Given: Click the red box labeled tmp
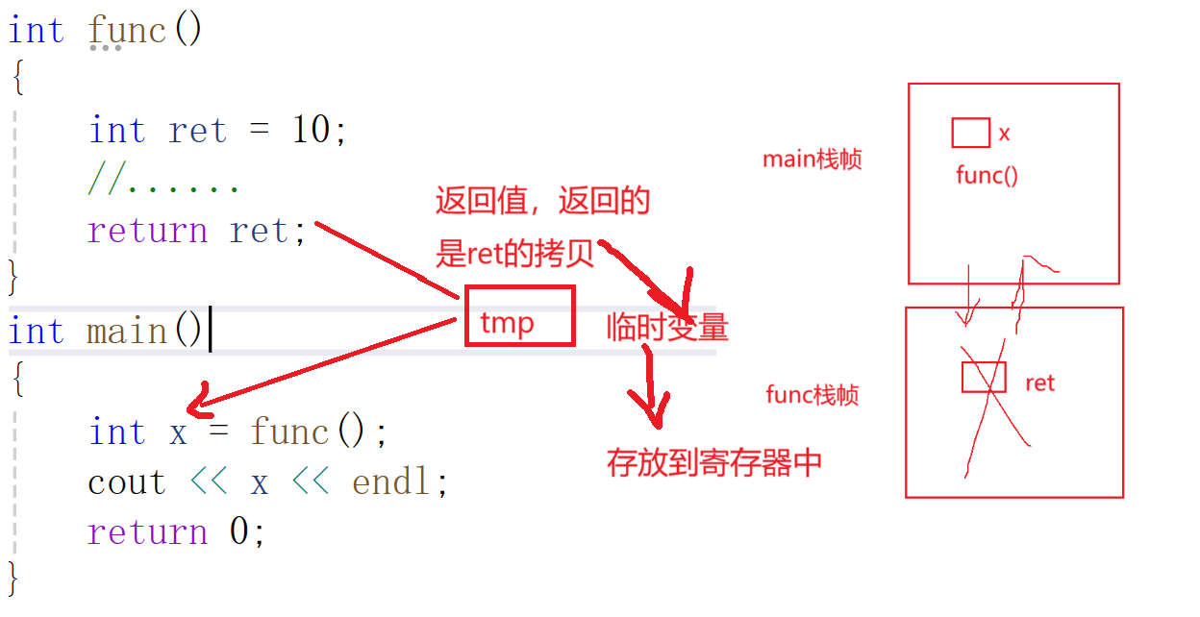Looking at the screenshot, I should tap(519, 315).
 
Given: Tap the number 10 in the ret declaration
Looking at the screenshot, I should tap(311, 131).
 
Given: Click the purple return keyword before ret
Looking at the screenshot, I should tap(147, 231).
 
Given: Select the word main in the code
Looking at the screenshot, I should tap(126, 332).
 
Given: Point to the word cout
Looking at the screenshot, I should tap(126, 481).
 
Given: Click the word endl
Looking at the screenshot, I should tap(391, 481).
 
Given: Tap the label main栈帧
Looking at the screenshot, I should tap(812, 160).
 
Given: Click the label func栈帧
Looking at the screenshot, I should tap(812, 394).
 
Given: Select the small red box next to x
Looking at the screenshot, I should tap(970, 133).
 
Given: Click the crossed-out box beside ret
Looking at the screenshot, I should tap(984, 378).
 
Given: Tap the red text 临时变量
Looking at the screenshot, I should tap(667, 329).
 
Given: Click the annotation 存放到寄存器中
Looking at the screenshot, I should tap(714, 463).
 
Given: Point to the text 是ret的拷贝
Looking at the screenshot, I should tap(514, 254).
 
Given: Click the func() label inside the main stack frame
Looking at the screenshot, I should tap(987, 175).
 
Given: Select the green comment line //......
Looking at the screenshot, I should tap(163, 181).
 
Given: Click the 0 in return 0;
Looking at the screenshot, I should tap(239, 531).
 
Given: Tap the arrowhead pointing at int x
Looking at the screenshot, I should tap(197, 402).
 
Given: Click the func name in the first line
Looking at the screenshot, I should tap(127, 31).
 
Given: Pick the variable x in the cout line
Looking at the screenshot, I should tap(259, 481).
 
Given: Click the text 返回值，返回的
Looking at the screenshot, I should tap(542, 202).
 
